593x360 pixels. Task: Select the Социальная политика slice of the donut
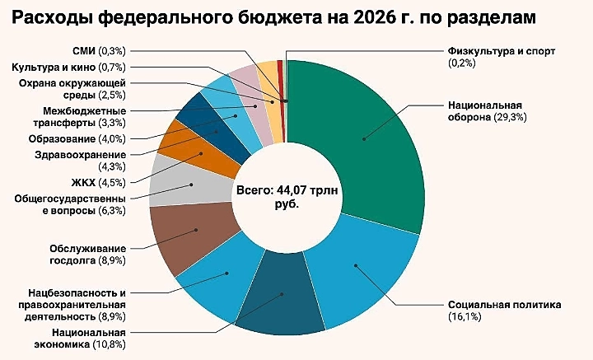[x=363, y=273]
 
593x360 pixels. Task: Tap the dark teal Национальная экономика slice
[x=280, y=299]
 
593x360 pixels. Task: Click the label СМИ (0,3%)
[x=99, y=51]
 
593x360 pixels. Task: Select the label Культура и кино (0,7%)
[x=68, y=68]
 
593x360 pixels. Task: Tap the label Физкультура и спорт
[x=502, y=51]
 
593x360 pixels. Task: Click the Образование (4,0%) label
[x=77, y=138]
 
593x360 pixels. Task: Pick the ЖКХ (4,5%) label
[x=98, y=183]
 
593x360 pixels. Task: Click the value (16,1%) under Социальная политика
[x=465, y=316]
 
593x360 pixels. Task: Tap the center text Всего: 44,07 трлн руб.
[x=287, y=197]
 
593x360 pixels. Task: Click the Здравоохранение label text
[x=81, y=155]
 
